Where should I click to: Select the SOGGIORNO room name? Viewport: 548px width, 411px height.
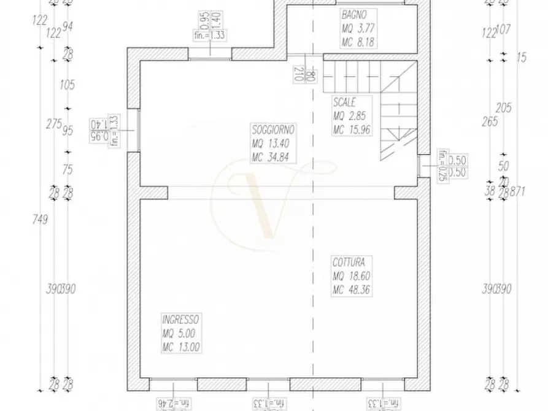coord(273,130)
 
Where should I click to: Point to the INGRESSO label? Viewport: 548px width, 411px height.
coord(181,320)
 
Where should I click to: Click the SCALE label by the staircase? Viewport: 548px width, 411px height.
coord(344,102)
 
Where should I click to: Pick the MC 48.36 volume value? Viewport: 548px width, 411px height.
coord(352,290)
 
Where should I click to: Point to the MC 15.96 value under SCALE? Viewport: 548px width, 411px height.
coord(352,129)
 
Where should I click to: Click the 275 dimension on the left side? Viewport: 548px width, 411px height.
coord(54,123)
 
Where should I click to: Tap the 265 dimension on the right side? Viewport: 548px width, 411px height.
coord(490,121)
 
